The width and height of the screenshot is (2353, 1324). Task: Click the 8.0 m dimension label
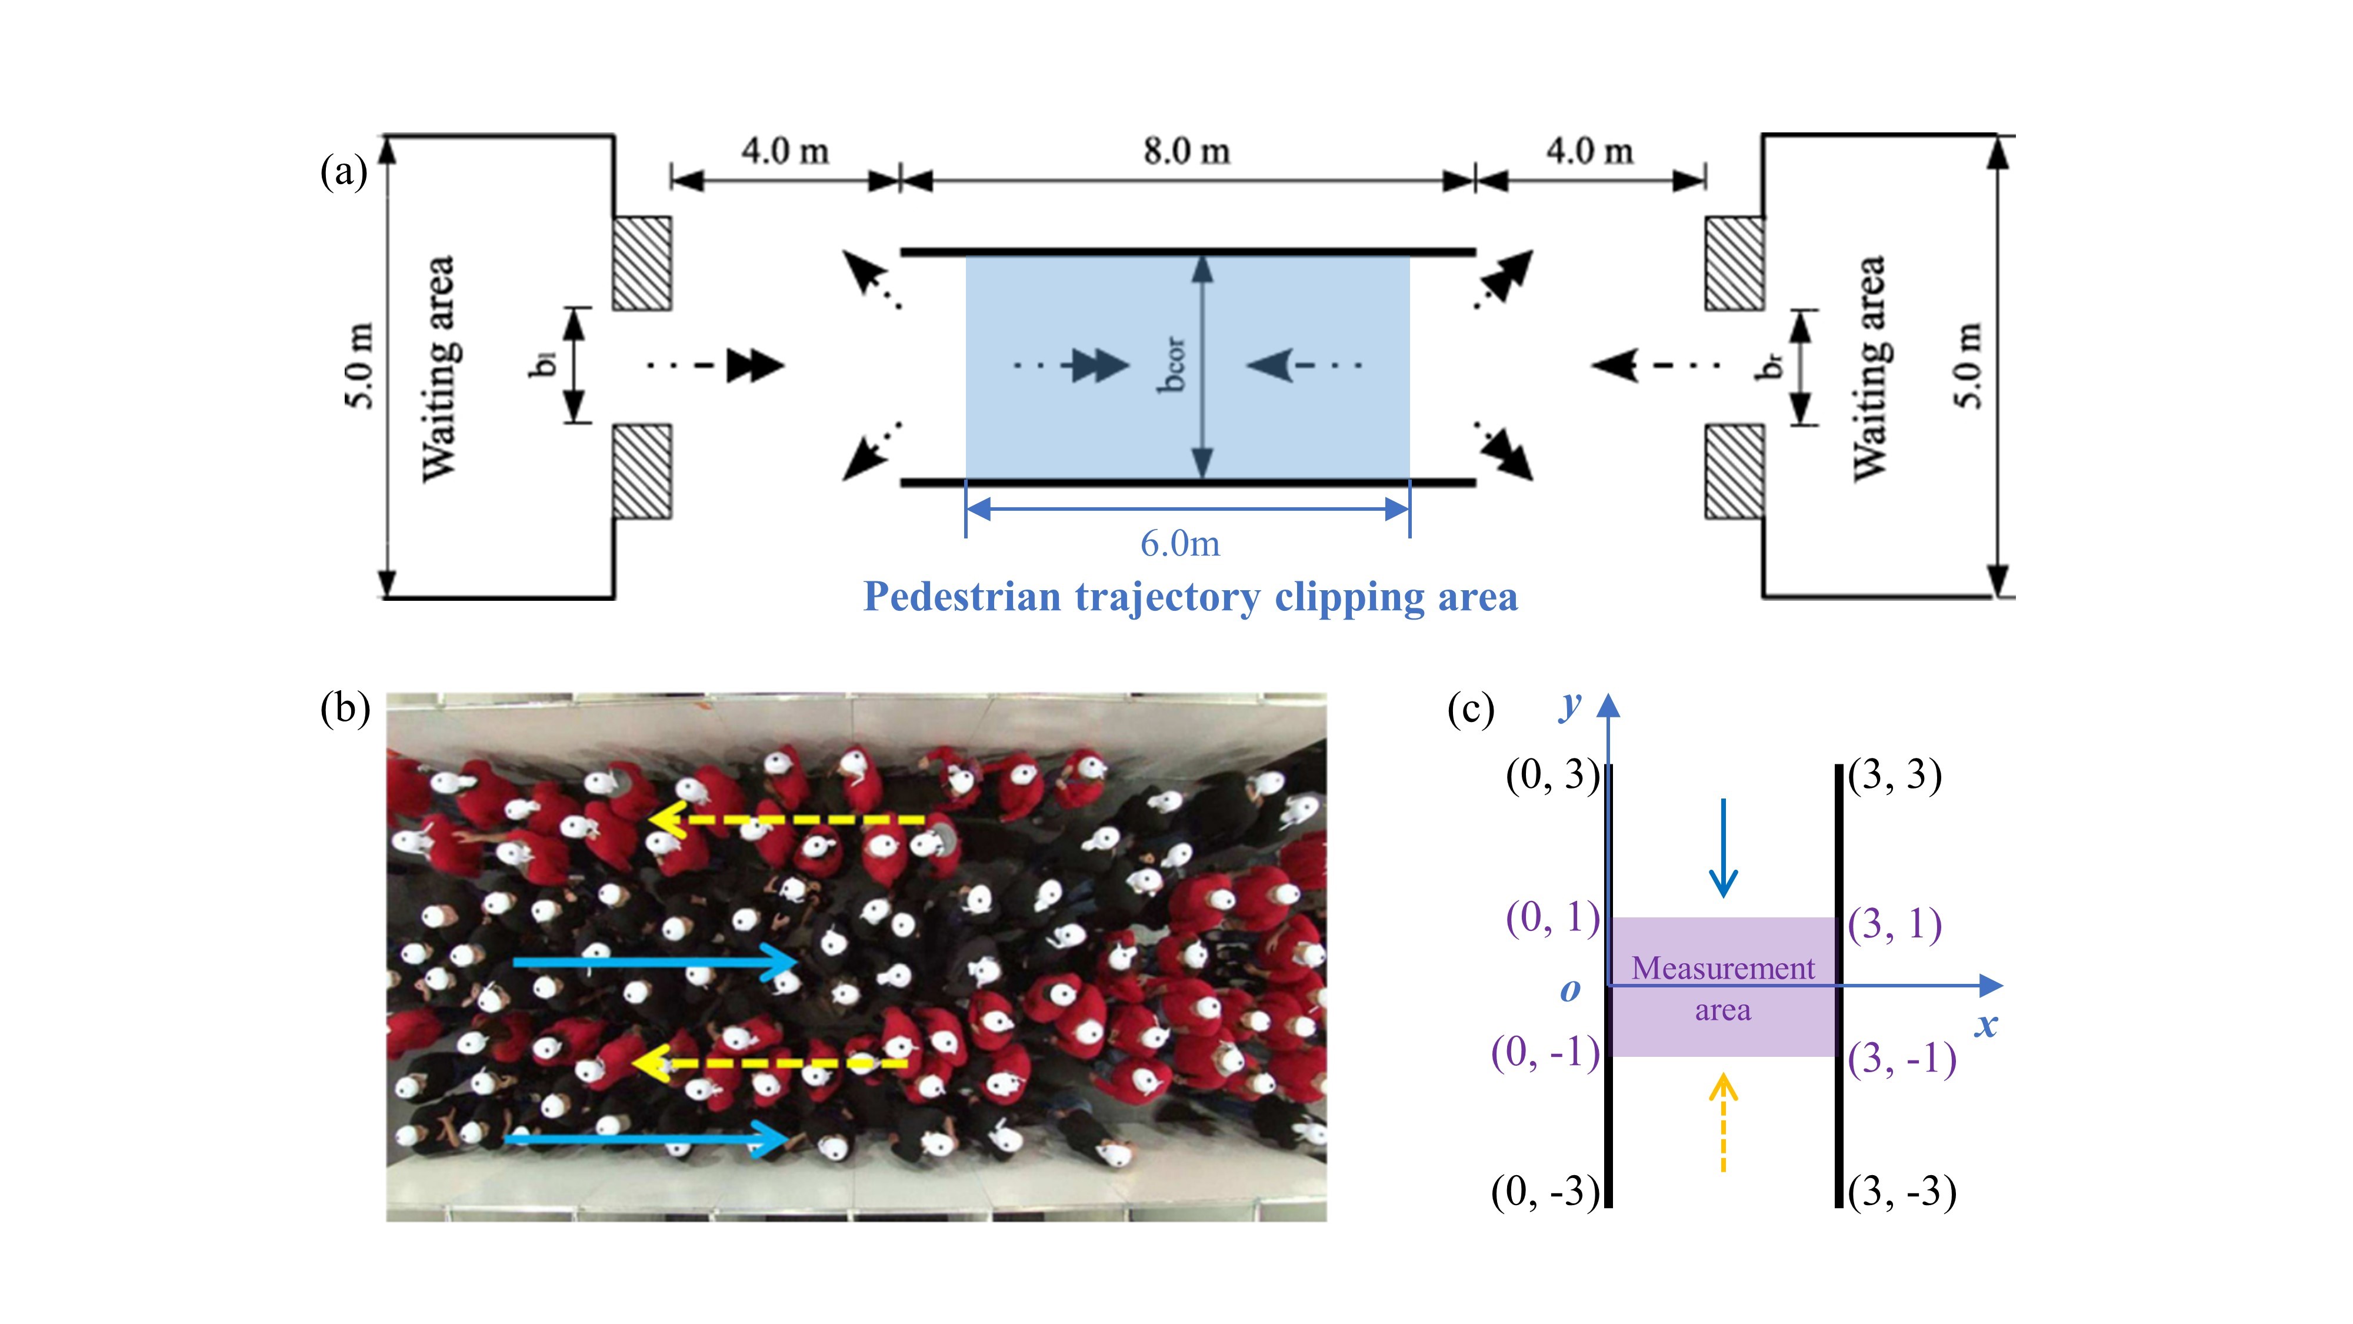coord(1187,151)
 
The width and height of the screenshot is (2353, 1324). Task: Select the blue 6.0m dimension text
coord(1179,544)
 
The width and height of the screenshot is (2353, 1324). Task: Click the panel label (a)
coord(344,171)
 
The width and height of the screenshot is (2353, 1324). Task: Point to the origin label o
coord(1570,990)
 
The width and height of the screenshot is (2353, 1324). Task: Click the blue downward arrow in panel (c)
coord(1723,848)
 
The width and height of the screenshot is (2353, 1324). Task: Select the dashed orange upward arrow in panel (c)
coord(1723,1122)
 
